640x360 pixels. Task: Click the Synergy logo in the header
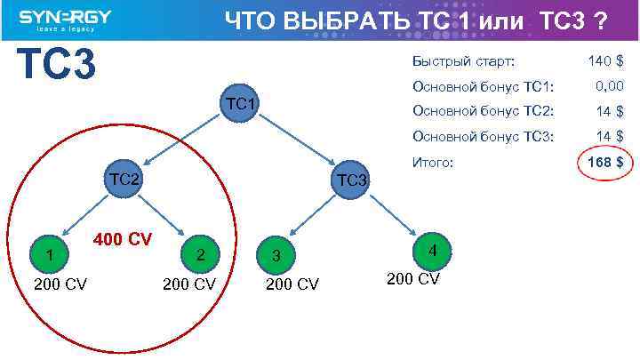coord(64,20)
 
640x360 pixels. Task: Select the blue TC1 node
coord(241,104)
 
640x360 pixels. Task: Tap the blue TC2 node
coord(124,179)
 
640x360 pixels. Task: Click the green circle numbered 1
coord(51,256)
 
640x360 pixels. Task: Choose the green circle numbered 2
coord(201,255)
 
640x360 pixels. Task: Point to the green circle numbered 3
coord(276,256)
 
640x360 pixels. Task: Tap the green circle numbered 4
coord(432,251)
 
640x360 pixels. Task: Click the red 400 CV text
coord(123,240)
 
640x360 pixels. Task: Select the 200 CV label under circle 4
coord(412,278)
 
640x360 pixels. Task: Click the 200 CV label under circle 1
coord(60,284)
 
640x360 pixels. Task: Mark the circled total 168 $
coord(604,163)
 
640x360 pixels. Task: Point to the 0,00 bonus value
coord(608,86)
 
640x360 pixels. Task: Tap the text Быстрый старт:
coord(463,61)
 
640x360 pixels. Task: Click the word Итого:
coord(433,163)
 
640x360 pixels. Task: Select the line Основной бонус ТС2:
coord(483,111)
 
